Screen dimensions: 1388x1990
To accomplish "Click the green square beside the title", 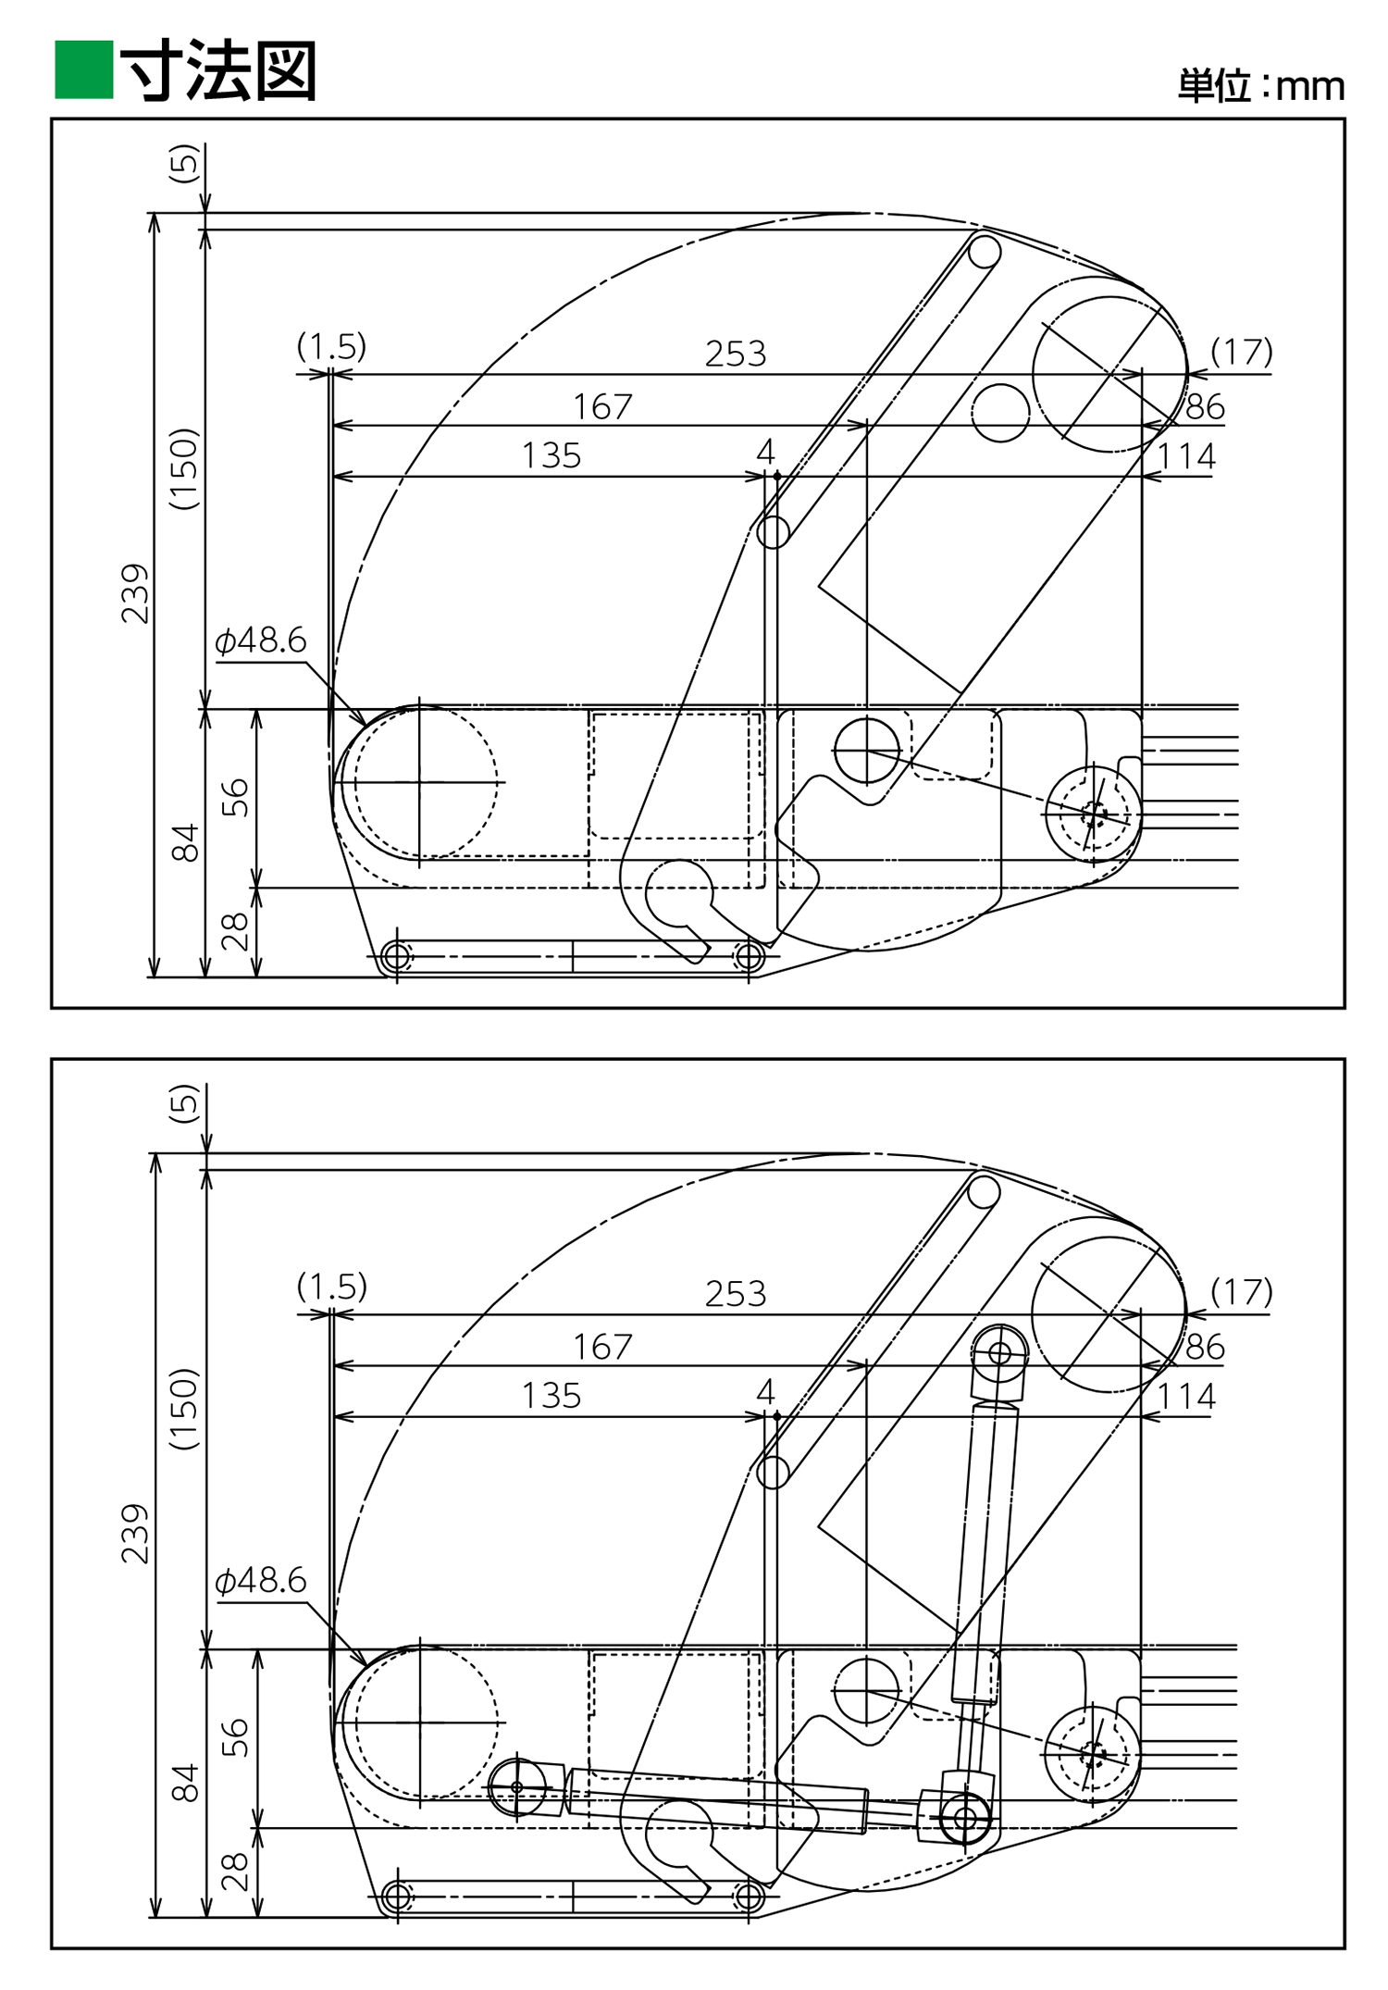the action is pos(83,69).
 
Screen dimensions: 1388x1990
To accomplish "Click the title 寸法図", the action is pos(219,70).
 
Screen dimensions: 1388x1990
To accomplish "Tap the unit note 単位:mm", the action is pos(1260,86).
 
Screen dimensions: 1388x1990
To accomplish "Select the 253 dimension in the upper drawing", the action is pos(736,354).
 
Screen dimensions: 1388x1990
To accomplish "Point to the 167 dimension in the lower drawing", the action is pos(602,1347).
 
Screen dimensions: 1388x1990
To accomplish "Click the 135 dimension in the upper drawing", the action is pos(551,455).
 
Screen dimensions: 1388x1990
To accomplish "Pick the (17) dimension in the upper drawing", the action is pos(1242,352).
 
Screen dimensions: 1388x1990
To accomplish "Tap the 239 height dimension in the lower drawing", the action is pos(135,1535).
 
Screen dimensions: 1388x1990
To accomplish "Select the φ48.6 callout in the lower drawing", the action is pos(260,1580).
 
